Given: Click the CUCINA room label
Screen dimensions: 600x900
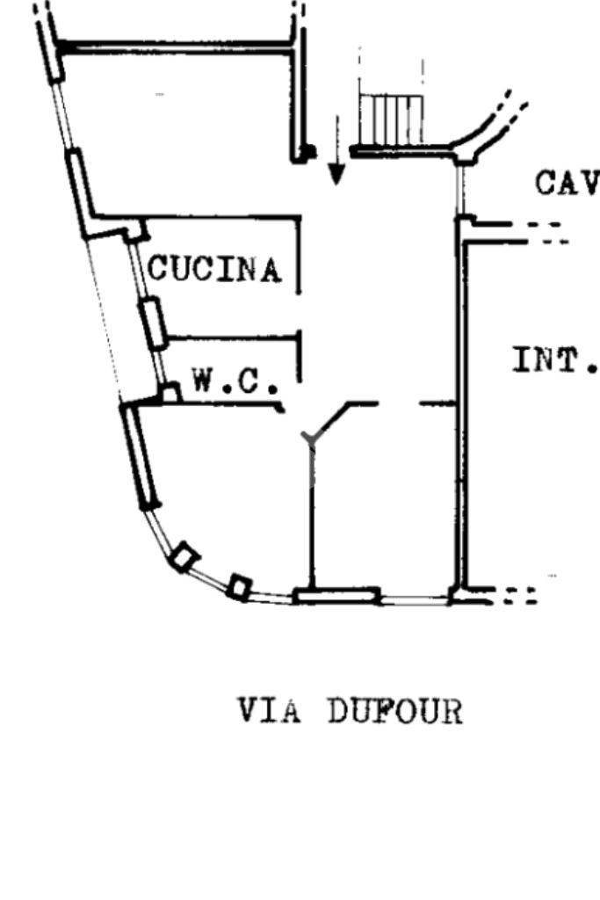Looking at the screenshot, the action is coord(215,269).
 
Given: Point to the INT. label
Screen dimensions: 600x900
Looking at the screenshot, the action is coord(554,359).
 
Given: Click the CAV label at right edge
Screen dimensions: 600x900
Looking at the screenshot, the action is coord(567,183).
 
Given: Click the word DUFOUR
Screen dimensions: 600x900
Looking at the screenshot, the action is coord(394,710).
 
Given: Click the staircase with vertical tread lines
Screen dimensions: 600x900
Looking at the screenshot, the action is coord(391,119).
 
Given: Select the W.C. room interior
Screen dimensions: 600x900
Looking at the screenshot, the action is coord(233,360).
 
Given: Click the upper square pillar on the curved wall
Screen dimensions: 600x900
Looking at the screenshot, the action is coord(184,557).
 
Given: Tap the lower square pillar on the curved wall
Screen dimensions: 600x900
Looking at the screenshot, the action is coord(239,586).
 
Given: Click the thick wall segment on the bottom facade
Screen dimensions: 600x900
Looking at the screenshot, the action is coord(336,597).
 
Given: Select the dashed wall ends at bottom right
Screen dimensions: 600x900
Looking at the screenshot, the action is coord(518,596).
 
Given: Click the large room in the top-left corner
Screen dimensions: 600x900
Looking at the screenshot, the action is coord(176,132).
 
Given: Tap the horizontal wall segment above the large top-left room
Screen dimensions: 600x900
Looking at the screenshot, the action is coord(176,45).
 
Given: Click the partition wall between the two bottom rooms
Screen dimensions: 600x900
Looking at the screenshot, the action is coord(311,519).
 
